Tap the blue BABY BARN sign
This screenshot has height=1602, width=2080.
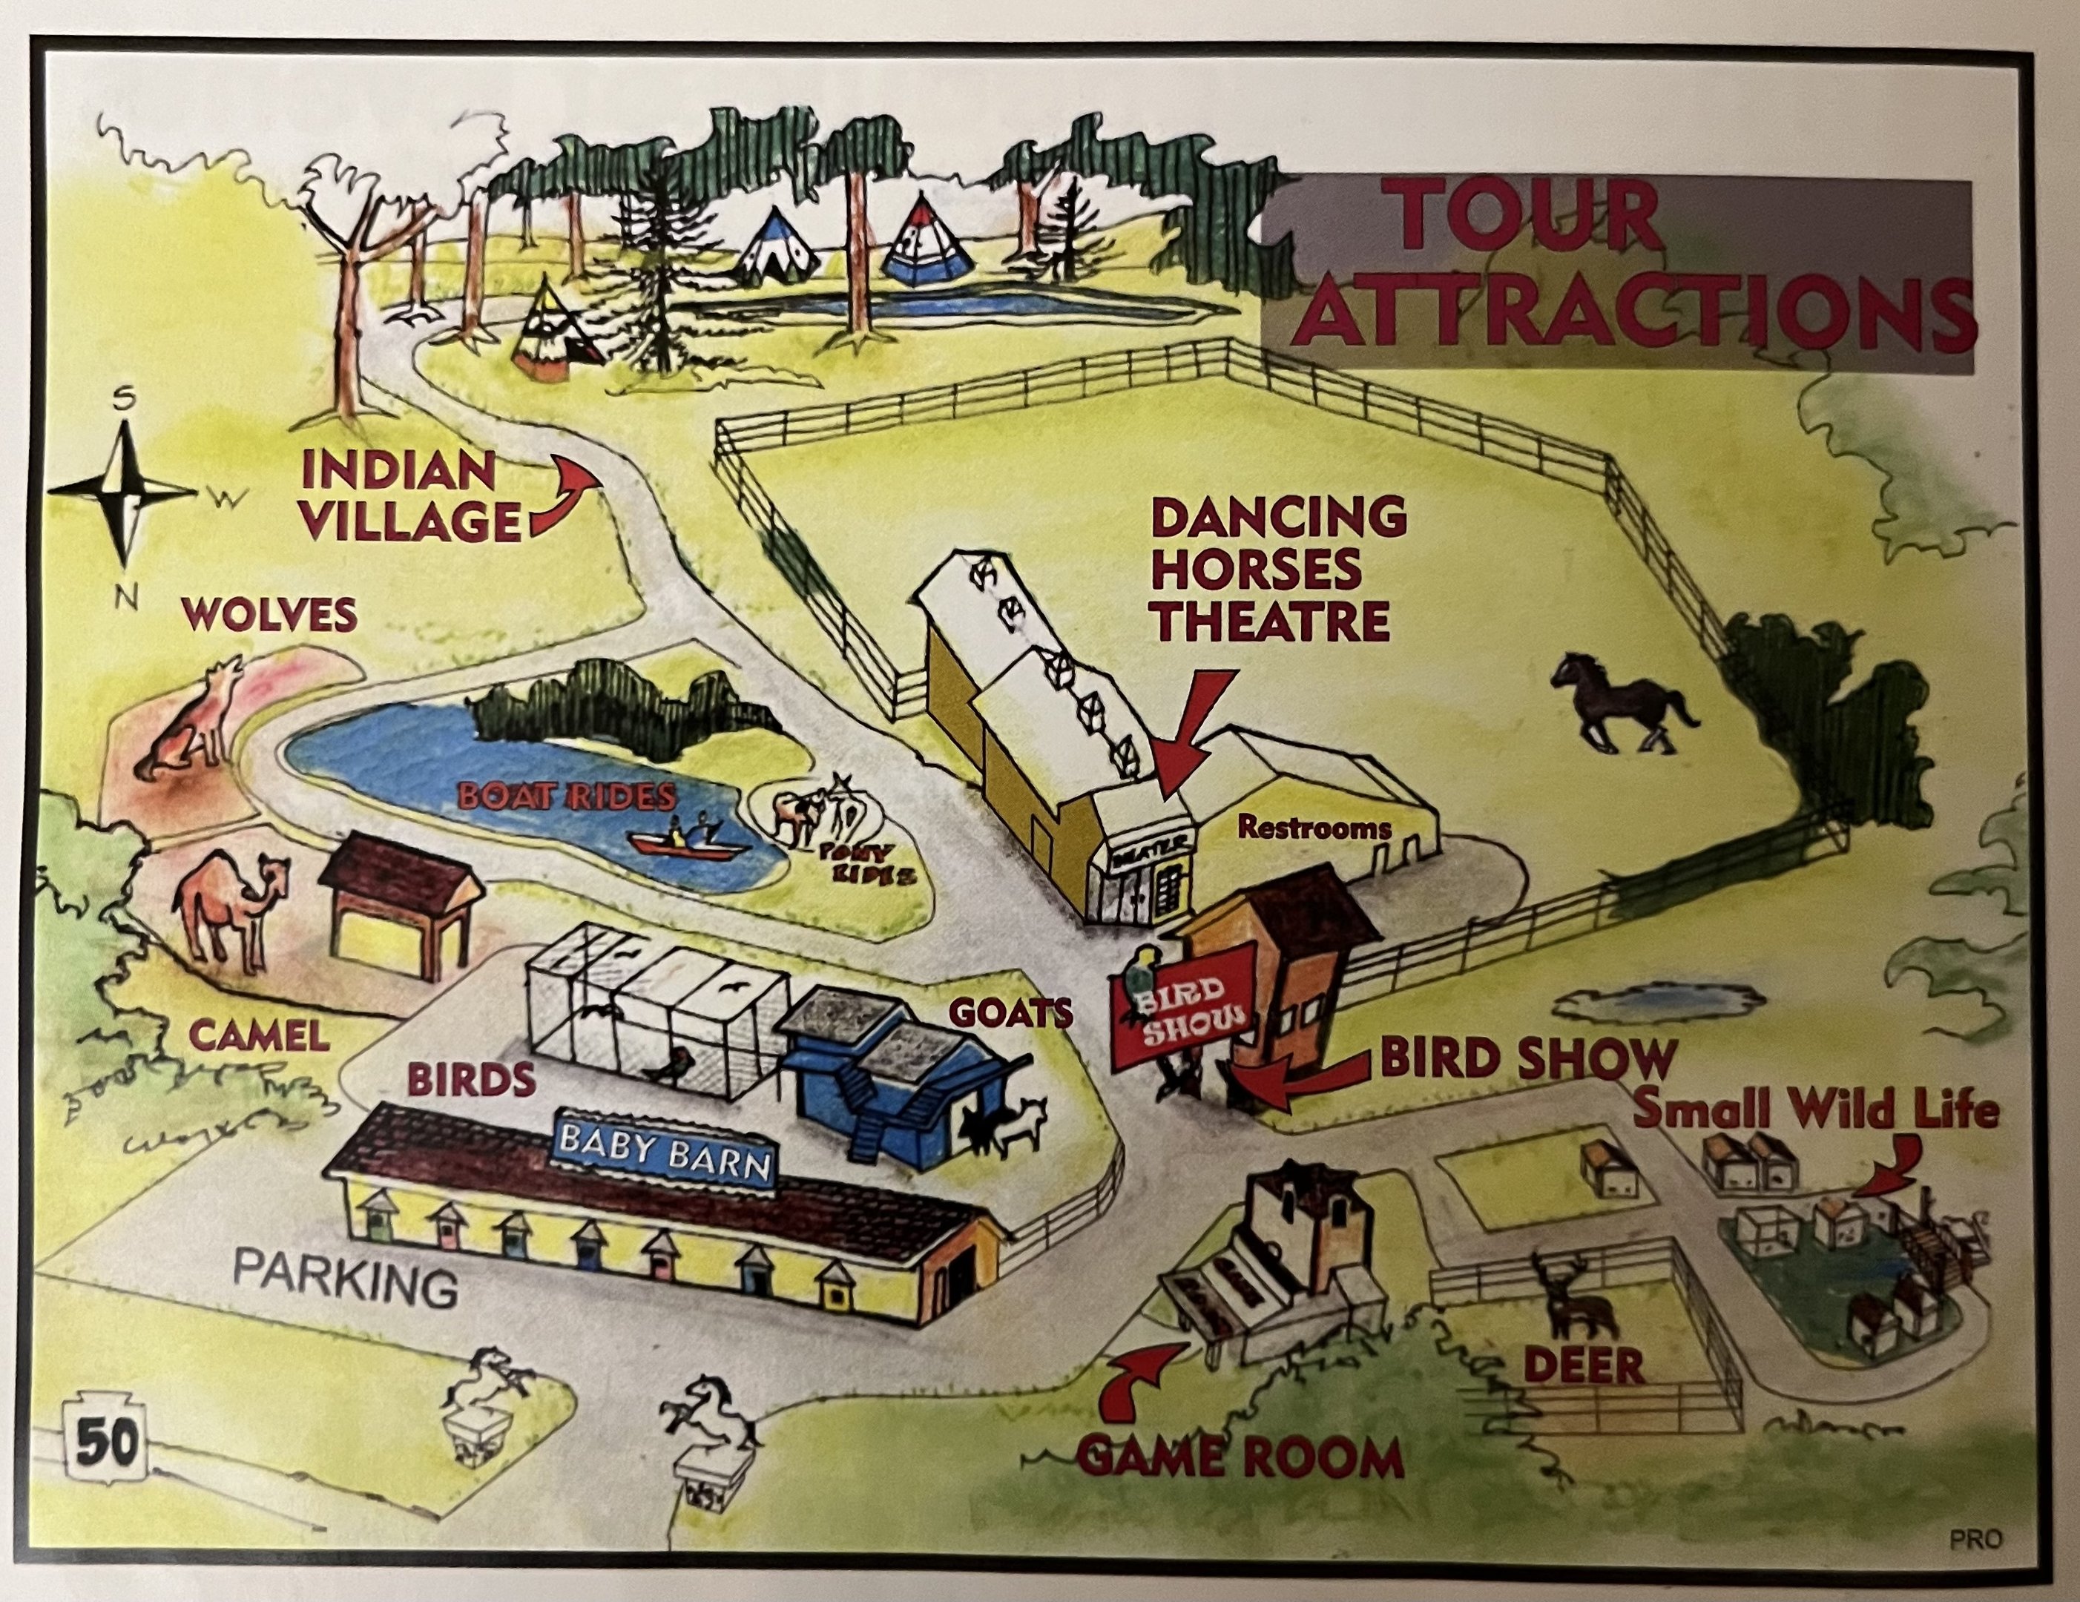(x=665, y=1149)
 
